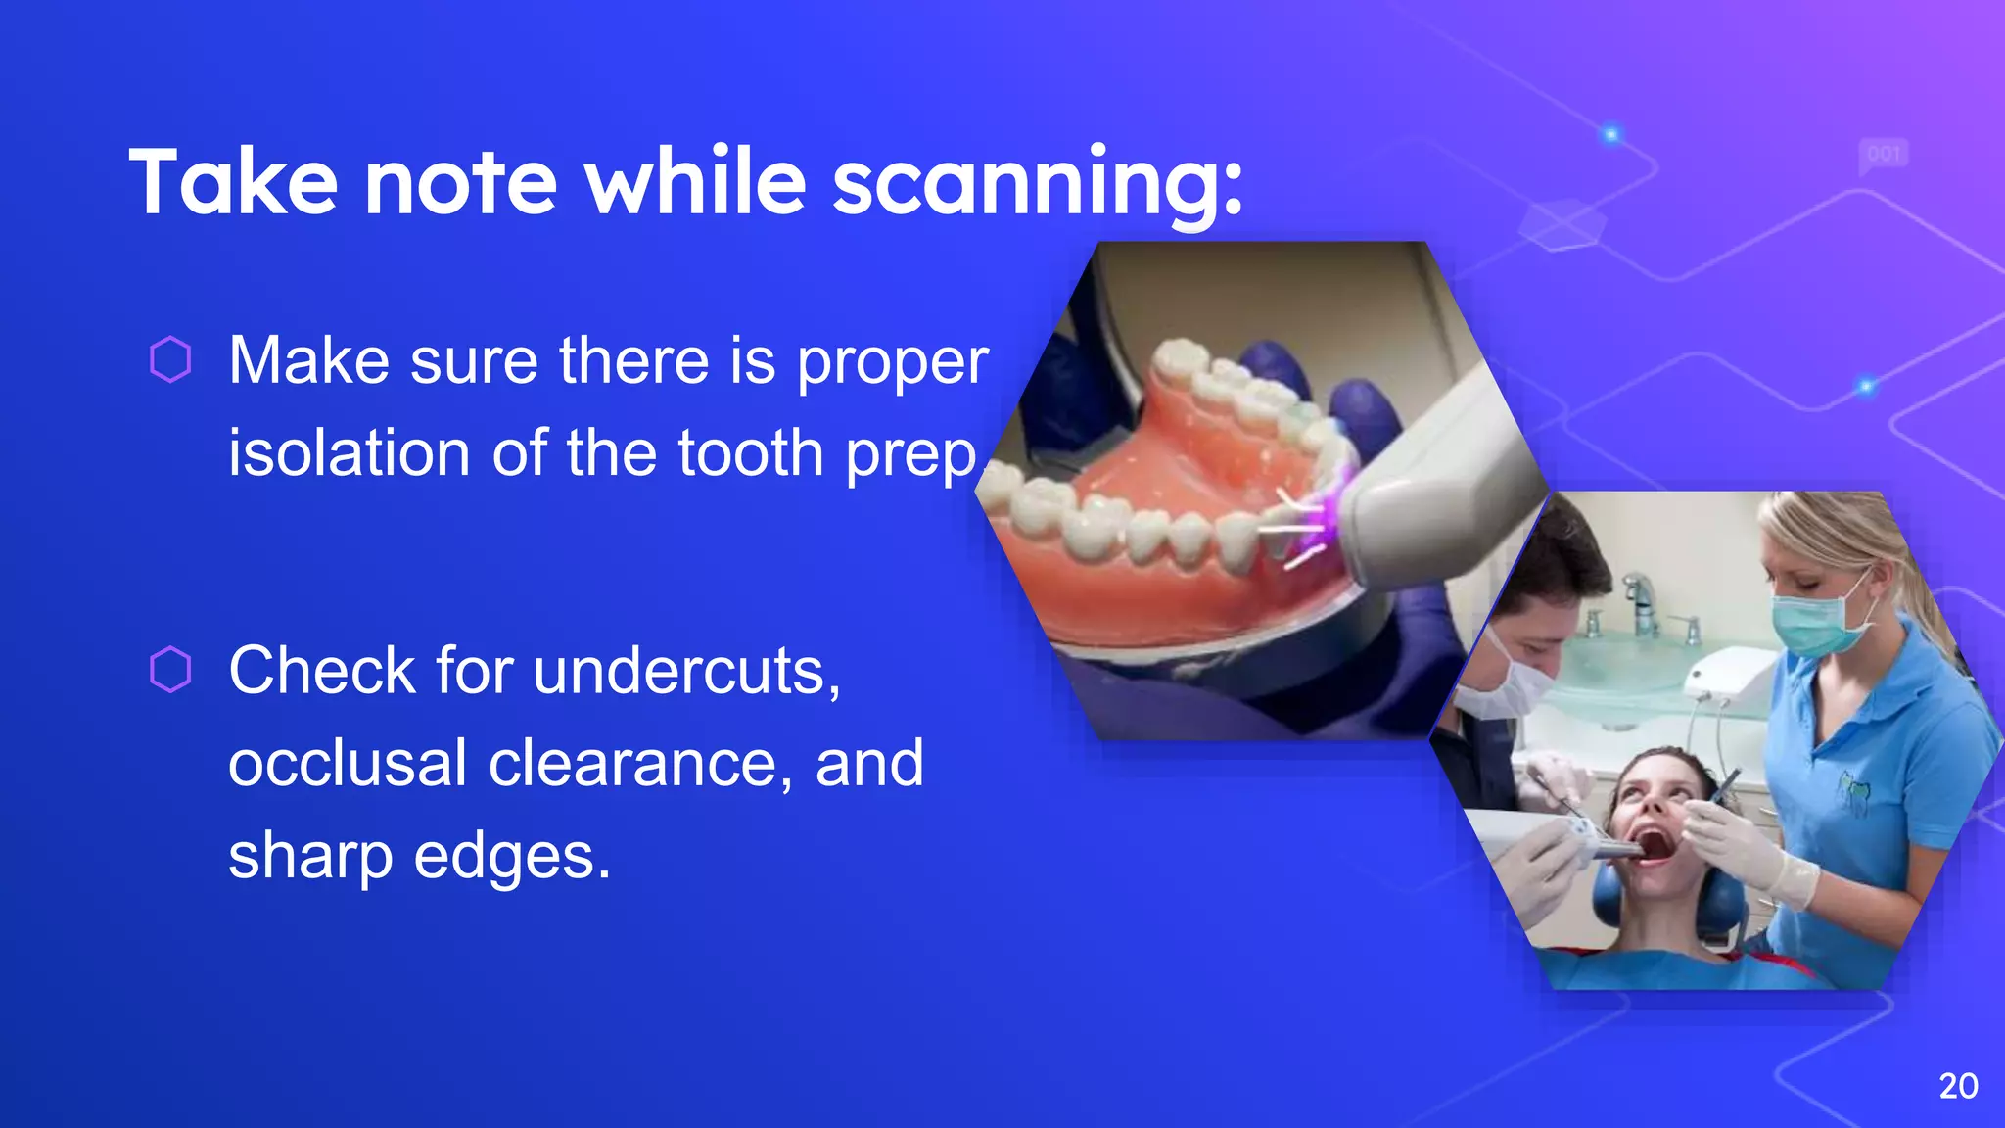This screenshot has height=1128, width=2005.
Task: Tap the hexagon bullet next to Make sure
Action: (x=170, y=359)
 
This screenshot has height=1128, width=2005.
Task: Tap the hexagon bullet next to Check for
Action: (x=170, y=670)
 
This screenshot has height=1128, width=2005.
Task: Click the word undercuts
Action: (x=686, y=672)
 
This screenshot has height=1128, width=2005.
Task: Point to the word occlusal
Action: (x=347, y=764)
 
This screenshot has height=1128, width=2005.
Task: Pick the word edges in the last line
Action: (x=512, y=857)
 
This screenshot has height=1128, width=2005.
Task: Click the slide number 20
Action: (x=1958, y=1086)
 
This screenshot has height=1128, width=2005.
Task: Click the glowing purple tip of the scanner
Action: (x=1331, y=509)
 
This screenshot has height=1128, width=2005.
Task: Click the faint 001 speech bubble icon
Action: (x=1884, y=155)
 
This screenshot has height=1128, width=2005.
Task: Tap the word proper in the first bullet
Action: (x=892, y=362)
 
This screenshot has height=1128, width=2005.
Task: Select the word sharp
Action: (x=310, y=857)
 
